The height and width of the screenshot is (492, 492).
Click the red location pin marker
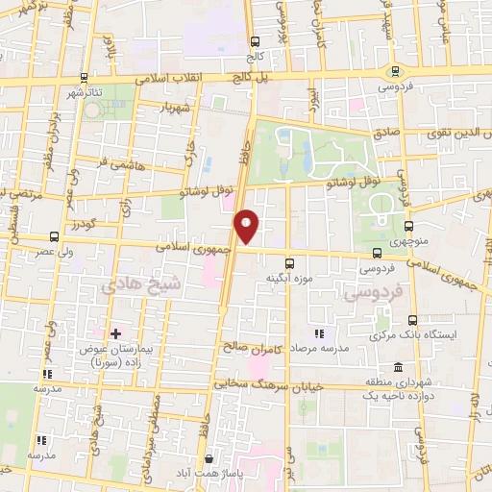click(x=248, y=225)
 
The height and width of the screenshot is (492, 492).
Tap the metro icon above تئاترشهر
click(x=85, y=77)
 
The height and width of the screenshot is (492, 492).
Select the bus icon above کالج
click(x=256, y=41)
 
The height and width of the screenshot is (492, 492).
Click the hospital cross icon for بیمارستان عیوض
click(x=115, y=333)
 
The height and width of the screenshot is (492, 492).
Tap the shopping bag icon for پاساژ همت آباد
click(x=209, y=460)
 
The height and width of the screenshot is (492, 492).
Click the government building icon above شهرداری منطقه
click(x=398, y=366)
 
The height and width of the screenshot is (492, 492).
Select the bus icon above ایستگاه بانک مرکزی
click(x=413, y=320)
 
